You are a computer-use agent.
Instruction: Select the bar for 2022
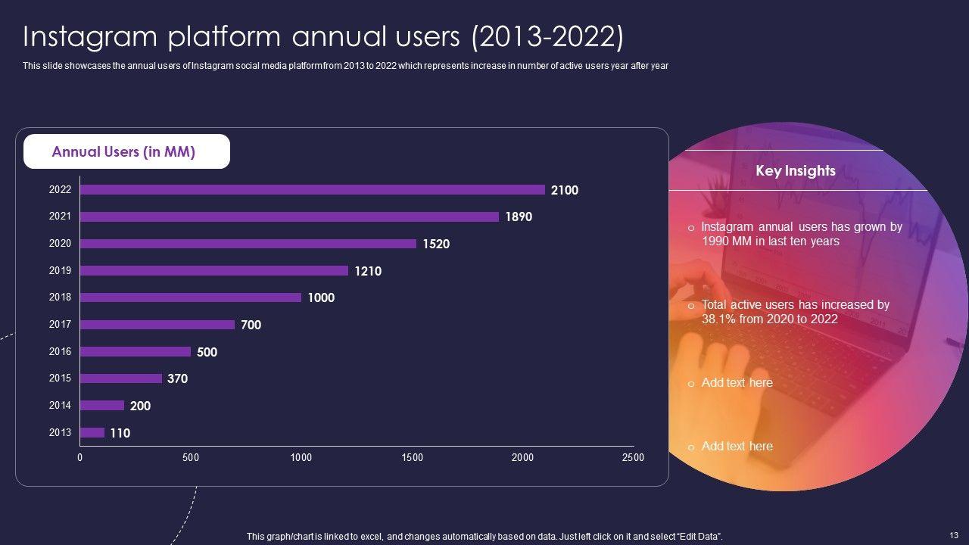(x=312, y=190)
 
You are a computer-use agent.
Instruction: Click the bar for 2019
(x=214, y=270)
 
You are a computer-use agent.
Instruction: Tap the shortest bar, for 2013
(x=92, y=433)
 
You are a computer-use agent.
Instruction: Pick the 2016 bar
(x=136, y=351)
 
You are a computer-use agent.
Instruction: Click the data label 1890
(x=519, y=217)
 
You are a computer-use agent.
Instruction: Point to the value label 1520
(x=436, y=244)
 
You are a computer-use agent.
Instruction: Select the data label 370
(x=177, y=378)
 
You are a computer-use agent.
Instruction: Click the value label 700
(x=251, y=325)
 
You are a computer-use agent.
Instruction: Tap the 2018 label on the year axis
(x=60, y=297)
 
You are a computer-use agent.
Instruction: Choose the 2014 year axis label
(x=60, y=406)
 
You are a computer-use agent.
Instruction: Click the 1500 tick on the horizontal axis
(x=413, y=458)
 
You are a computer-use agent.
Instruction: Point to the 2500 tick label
(x=633, y=458)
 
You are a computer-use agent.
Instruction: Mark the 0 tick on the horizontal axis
(x=79, y=458)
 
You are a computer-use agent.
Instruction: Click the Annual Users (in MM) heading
(x=123, y=152)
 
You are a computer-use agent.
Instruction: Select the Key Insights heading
(x=796, y=171)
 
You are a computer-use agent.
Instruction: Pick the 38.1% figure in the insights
(x=719, y=319)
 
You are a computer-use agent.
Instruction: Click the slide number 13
(x=953, y=534)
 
